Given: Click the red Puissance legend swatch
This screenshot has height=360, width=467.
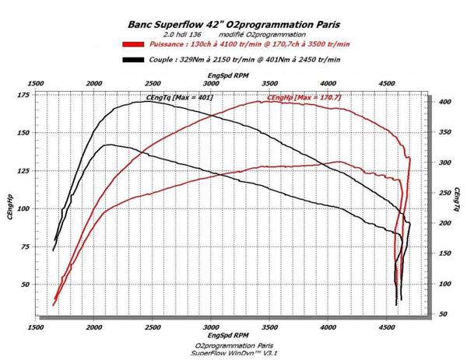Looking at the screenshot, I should (132, 45).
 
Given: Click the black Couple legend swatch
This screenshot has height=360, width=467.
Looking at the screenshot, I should (132, 59).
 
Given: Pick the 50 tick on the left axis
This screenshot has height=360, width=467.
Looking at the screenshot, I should (23, 285).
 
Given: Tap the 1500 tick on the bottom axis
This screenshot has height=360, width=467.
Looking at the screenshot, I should (35, 327).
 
